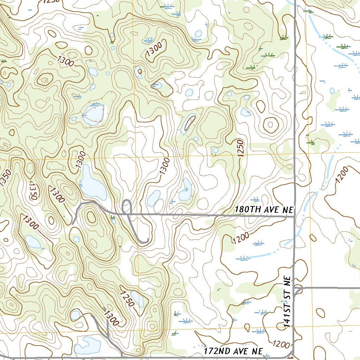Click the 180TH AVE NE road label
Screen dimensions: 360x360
pyautogui.click(x=264, y=210)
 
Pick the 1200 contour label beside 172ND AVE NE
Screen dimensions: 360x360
pyautogui.click(x=281, y=344)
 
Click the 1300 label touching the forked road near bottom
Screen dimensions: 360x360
pyautogui.click(x=111, y=316)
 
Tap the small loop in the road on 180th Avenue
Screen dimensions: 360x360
pyautogui.click(x=127, y=206)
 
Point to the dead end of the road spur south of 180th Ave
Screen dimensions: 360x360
pyautogui.click(x=148, y=240)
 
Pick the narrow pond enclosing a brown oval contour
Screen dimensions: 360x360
pyautogui.click(x=188, y=124)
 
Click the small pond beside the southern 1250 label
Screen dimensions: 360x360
pyautogui.click(x=137, y=298)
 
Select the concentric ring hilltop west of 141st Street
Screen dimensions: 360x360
pyautogui.click(x=271, y=124)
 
